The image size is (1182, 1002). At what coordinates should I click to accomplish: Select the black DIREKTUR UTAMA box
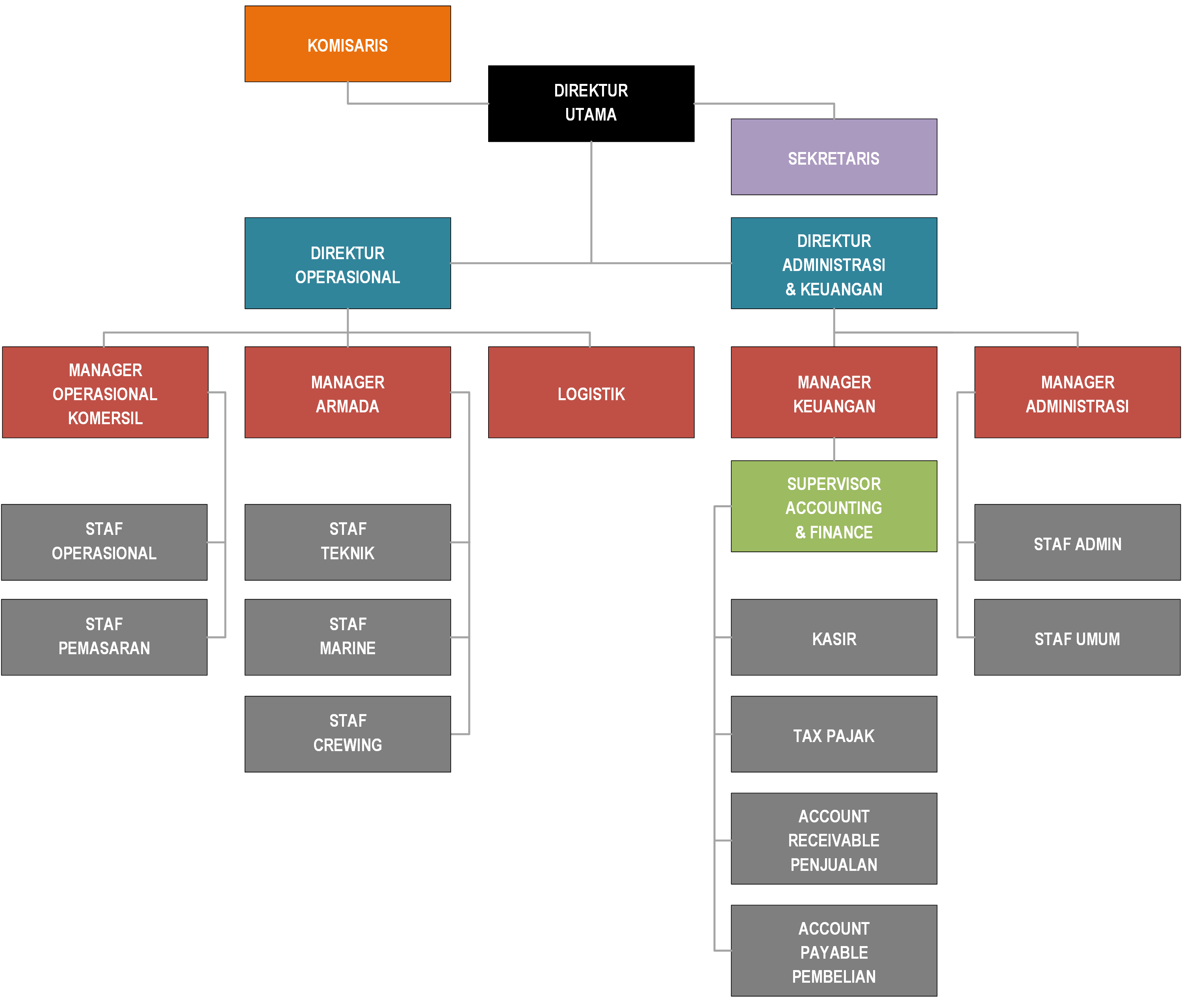tap(591, 103)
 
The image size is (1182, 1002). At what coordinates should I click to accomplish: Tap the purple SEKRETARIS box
tap(834, 157)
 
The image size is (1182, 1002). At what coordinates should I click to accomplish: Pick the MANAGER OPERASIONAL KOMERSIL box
tap(105, 393)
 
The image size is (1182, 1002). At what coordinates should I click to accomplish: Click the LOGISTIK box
tap(591, 393)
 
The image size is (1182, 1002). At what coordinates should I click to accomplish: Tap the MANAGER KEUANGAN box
tap(834, 393)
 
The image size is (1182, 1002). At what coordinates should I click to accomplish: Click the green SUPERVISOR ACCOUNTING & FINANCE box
tap(834, 506)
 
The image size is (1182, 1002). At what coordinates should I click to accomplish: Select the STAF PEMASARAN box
tap(104, 637)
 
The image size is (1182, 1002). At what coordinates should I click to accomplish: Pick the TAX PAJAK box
tap(834, 735)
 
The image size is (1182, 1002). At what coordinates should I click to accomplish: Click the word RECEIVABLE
tap(834, 840)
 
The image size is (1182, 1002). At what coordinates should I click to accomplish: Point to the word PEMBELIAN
tap(834, 976)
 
